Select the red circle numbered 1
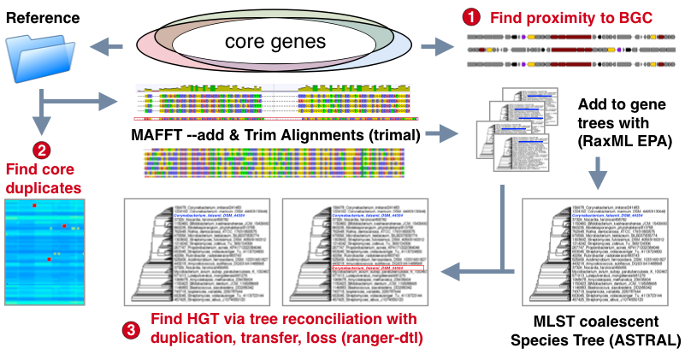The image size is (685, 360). pyautogui.click(x=469, y=15)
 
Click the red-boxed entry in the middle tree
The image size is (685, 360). pyautogui.click(x=375, y=269)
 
